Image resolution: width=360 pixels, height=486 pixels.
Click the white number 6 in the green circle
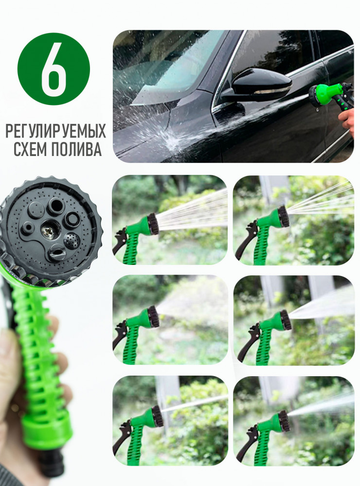pyautogui.click(x=54, y=69)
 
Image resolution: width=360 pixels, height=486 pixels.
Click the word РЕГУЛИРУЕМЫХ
pyautogui.click(x=56, y=131)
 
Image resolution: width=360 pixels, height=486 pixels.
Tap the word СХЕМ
pyautogui.click(x=30, y=149)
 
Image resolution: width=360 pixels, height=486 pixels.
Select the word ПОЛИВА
pyautogui.click(x=76, y=149)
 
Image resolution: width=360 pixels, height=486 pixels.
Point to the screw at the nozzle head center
pyautogui.click(x=49, y=230)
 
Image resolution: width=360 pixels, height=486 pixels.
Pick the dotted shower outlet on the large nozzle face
pyautogui.click(x=72, y=242)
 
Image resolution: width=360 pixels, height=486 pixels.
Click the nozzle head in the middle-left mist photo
pyautogui.click(x=153, y=317)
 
